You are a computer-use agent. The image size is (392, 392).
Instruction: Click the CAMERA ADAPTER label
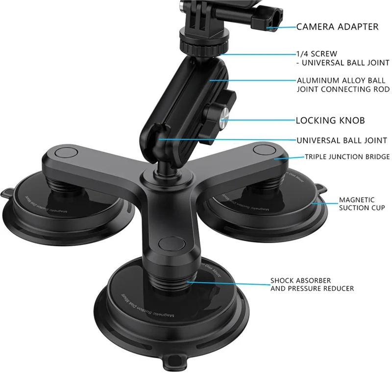pyautogui.click(x=337, y=26)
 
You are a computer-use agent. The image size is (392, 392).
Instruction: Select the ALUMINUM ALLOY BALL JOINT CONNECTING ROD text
pyautogui.click(x=343, y=84)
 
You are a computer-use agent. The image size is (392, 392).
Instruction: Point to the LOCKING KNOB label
pyautogui.click(x=330, y=120)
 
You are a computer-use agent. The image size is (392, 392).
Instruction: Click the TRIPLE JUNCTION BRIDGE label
pyautogui.click(x=347, y=157)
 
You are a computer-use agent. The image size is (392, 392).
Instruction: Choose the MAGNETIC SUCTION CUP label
pyautogui.click(x=362, y=204)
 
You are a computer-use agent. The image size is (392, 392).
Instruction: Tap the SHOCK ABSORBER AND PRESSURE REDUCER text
pyautogui.click(x=312, y=285)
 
